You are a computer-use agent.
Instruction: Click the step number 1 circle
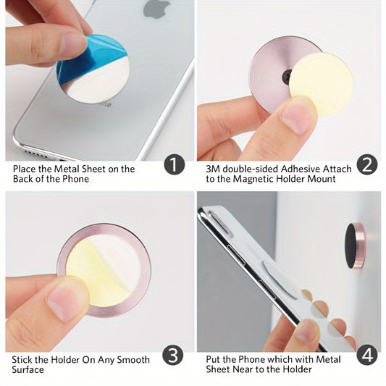click(x=174, y=164)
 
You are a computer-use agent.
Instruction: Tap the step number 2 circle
click(x=367, y=164)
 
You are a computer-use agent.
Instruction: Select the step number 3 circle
click(x=174, y=355)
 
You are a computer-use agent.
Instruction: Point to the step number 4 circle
click(x=367, y=355)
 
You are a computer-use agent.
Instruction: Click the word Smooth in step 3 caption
click(x=134, y=360)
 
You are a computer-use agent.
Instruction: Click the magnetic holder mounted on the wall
click(x=356, y=245)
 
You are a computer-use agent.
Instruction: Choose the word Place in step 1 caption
click(x=26, y=169)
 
